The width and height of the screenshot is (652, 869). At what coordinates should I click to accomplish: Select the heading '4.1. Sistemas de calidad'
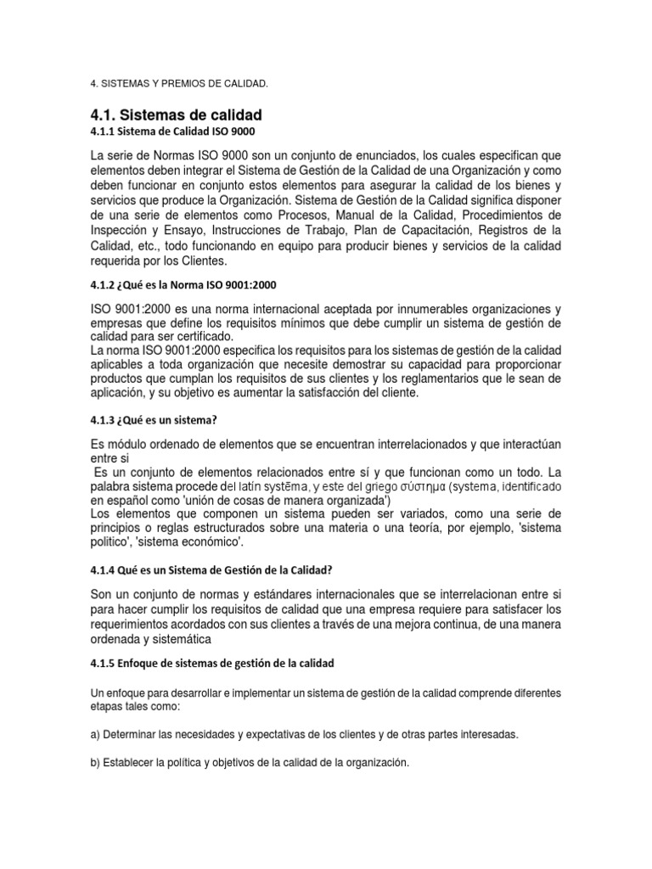pyautogui.click(x=176, y=115)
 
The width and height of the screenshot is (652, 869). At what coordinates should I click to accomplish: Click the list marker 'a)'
pyautogui.click(x=96, y=734)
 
